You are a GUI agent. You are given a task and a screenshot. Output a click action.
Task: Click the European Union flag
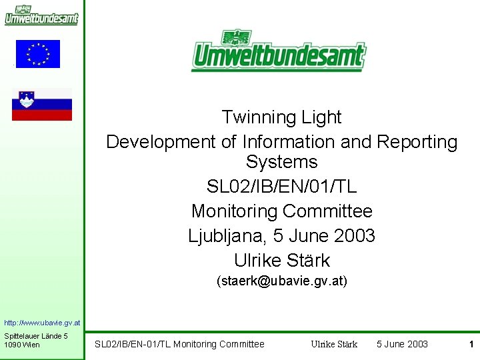point(38,54)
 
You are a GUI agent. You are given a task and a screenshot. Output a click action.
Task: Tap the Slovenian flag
point(42,105)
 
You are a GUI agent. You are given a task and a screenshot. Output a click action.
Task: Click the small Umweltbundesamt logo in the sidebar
point(41,15)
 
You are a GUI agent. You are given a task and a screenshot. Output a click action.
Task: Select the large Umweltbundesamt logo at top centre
point(279,51)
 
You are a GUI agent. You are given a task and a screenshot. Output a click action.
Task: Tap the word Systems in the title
point(281,162)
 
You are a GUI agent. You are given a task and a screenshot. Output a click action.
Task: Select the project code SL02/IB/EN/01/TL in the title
point(281,187)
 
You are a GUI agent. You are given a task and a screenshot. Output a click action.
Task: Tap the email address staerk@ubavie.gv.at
point(282,282)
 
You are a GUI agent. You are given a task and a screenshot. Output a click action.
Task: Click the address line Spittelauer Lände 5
point(36,335)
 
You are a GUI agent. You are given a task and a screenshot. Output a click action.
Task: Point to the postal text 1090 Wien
point(22,345)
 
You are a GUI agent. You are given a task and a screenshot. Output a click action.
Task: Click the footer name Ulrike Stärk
point(334,344)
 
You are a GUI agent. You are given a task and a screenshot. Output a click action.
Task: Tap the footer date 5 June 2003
point(402,344)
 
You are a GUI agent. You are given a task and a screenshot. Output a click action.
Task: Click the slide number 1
point(471,344)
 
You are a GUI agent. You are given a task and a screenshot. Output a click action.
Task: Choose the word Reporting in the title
point(417,142)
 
